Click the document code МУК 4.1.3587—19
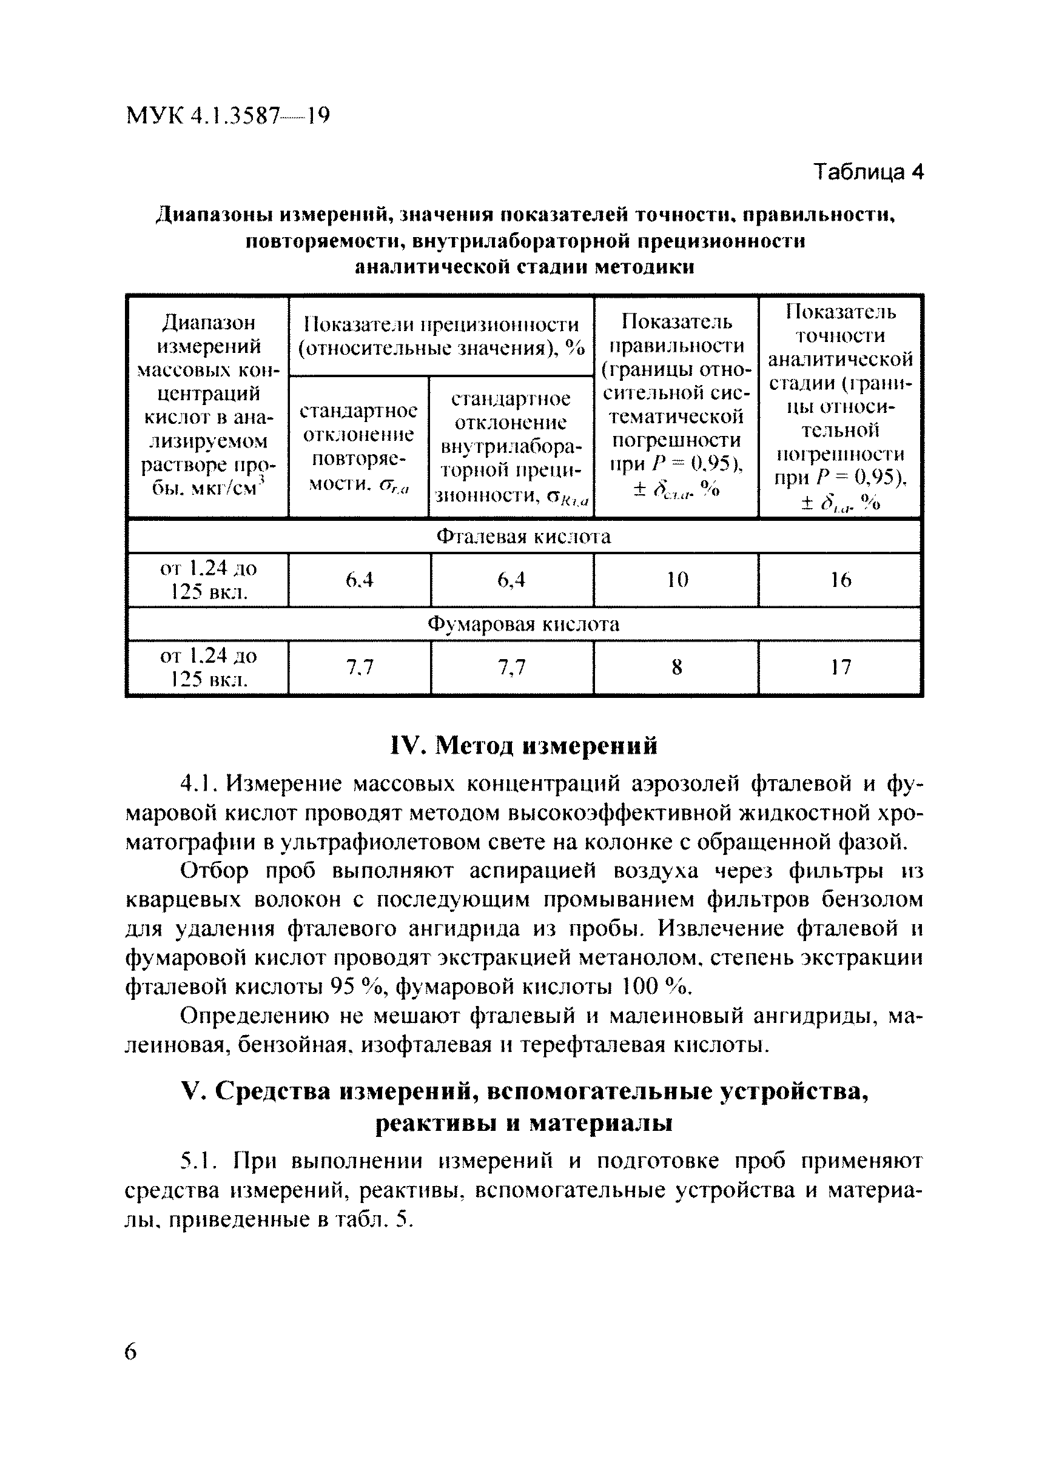click(x=228, y=116)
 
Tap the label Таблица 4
click(x=868, y=172)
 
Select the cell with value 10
click(x=676, y=580)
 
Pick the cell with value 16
click(x=840, y=580)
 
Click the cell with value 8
click(x=676, y=668)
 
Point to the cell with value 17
click(x=840, y=668)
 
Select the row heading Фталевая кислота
click(x=523, y=537)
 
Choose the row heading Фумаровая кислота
click(x=523, y=625)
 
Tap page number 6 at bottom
click(x=130, y=1352)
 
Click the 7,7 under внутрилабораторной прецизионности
click(x=511, y=668)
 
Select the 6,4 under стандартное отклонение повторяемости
click(x=359, y=580)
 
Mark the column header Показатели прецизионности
click(x=442, y=336)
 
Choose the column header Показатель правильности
click(x=676, y=333)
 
